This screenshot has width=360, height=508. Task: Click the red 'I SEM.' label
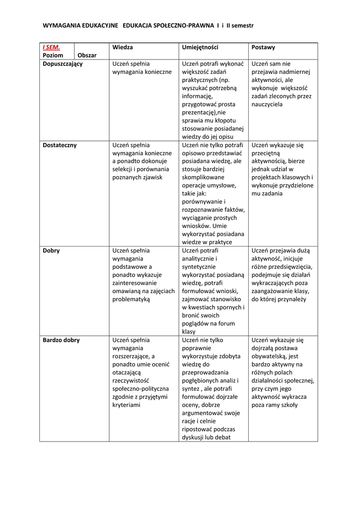click(51, 48)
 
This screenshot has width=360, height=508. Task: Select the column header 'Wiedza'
click(122, 48)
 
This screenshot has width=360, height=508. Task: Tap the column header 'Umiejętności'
click(200, 48)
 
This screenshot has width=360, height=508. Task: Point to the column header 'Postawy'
click(263, 48)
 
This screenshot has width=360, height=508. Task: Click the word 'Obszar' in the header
click(87, 56)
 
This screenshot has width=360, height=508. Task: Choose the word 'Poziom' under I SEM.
click(53, 56)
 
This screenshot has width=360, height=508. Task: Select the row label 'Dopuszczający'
click(63, 64)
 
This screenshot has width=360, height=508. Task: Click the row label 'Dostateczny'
click(60, 145)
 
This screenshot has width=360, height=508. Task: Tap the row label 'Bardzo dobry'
click(61, 340)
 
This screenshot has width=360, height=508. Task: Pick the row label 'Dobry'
click(51, 251)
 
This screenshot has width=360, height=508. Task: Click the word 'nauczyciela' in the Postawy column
click(267, 105)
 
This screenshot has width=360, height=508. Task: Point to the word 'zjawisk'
click(153, 178)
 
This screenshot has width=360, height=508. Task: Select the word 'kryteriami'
click(126, 405)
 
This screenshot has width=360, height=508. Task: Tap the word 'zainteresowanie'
click(136, 283)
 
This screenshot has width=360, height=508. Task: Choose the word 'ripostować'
click(198, 429)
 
